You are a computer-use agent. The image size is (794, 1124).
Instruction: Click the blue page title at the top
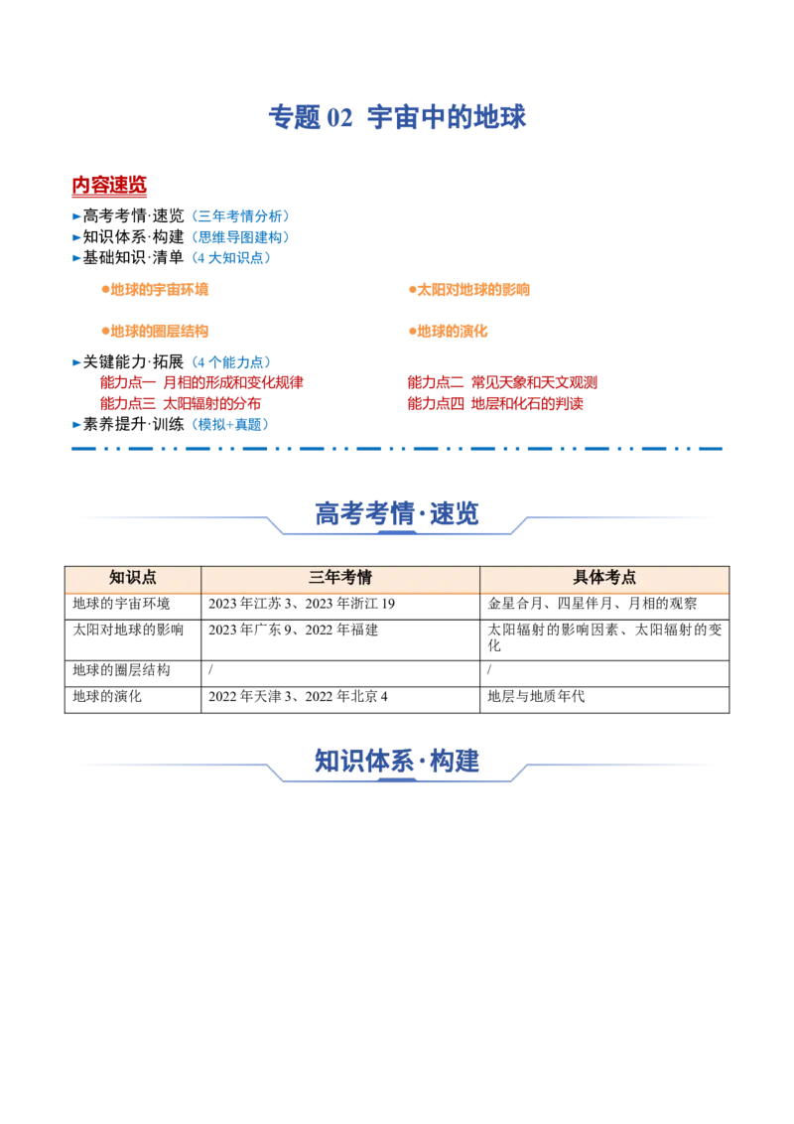tap(397, 117)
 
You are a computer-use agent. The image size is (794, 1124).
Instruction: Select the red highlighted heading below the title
tap(110, 186)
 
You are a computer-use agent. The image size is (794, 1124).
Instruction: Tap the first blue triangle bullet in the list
tap(76, 215)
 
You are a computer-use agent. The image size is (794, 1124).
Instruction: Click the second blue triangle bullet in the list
tap(76, 237)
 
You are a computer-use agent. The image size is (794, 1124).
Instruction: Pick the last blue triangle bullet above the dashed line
tap(76, 424)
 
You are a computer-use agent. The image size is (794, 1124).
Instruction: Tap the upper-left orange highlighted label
tap(154, 290)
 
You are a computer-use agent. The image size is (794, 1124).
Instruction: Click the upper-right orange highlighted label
tap(468, 290)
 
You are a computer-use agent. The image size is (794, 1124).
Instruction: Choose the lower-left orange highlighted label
tap(154, 332)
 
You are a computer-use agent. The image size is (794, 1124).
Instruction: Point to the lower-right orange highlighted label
tap(448, 332)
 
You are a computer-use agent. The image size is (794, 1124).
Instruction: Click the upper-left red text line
tap(201, 382)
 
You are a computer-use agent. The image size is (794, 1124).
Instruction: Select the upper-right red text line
tap(502, 382)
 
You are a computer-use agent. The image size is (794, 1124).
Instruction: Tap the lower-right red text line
tap(495, 404)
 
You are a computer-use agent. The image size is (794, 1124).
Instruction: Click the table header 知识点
tap(133, 578)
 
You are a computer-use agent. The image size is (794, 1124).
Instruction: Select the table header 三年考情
tap(340, 578)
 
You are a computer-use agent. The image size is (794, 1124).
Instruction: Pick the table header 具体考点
tap(604, 578)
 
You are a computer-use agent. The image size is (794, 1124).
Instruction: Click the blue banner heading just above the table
tap(397, 513)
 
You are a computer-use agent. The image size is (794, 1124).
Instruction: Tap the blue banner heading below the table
tap(397, 762)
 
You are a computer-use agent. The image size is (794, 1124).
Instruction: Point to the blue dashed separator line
tap(397, 449)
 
